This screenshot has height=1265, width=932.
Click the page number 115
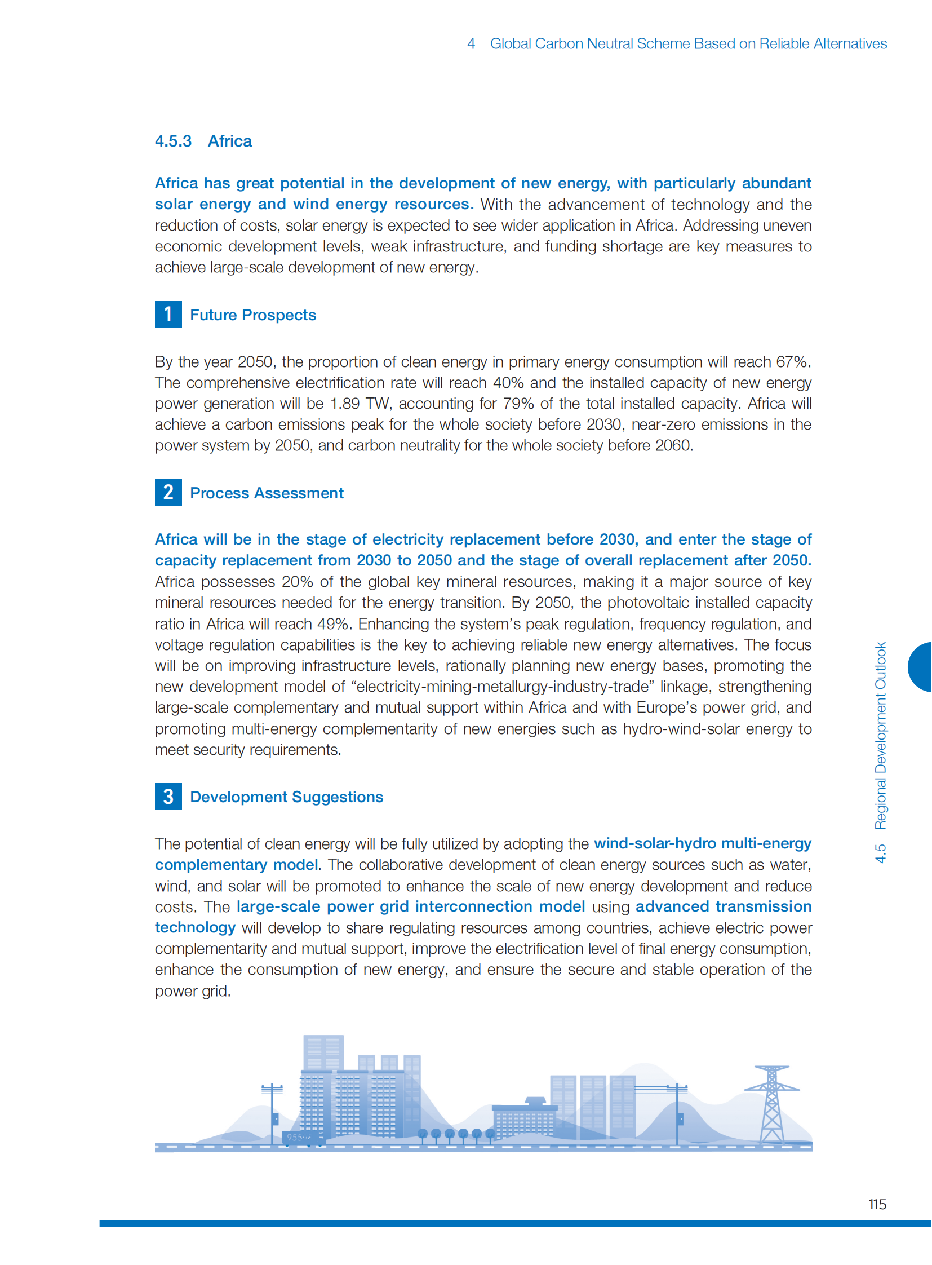[x=877, y=1204]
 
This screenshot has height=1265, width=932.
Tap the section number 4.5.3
[x=173, y=141]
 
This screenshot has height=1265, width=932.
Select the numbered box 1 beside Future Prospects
[x=168, y=315]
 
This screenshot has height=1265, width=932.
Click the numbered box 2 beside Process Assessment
[x=168, y=493]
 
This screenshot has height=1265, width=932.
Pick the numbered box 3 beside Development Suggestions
[x=168, y=797]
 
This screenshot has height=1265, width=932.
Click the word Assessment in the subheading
[x=299, y=493]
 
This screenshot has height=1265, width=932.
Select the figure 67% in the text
[x=793, y=362]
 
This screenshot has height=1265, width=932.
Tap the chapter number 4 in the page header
[x=471, y=43]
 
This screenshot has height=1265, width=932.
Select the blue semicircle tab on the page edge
[x=921, y=667]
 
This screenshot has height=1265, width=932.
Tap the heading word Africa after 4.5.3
[x=229, y=141]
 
